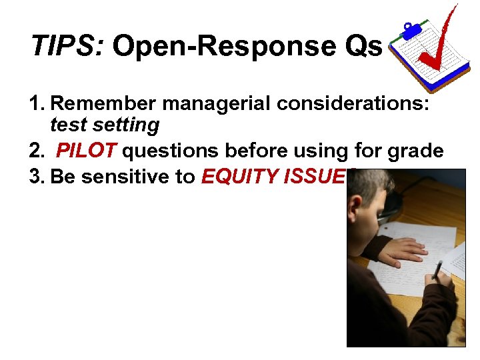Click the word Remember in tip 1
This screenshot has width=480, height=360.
pyautogui.click(x=103, y=103)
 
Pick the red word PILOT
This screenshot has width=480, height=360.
pyautogui.click(x=86, y=151)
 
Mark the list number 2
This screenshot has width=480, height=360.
pyautogui.click(x=37, y=151)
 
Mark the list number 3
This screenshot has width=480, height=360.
pyautogui.click(x=37, y=177)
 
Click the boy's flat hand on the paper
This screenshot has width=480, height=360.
pyautogui.click(x=403, y=250)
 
